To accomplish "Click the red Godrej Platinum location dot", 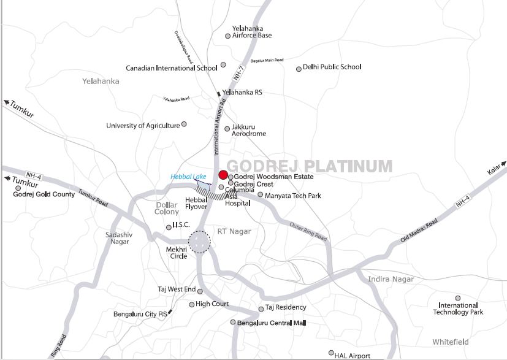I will (223, 175).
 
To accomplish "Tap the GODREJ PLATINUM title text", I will (310, 166).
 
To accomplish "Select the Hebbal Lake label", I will (186, 177).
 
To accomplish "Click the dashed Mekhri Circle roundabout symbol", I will (199, 242).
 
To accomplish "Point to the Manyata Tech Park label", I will (293, 195).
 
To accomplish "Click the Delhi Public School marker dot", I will (299, 69).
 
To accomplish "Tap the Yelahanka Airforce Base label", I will (251, 32).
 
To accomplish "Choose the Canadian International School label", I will (171, 68).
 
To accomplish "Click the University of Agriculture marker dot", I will (184, 124).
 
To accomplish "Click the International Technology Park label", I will (458, 308).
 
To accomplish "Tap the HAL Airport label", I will (352, 356).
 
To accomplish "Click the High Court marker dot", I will (191, 304).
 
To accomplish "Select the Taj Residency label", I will (286, 307).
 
